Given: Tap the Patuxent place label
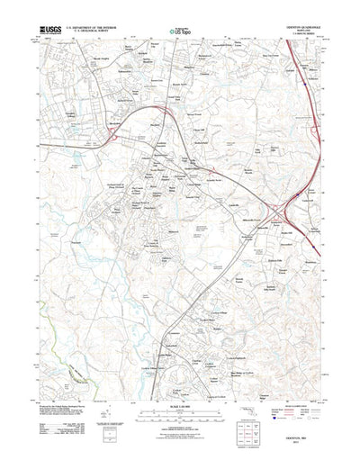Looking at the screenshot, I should [77, 241].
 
